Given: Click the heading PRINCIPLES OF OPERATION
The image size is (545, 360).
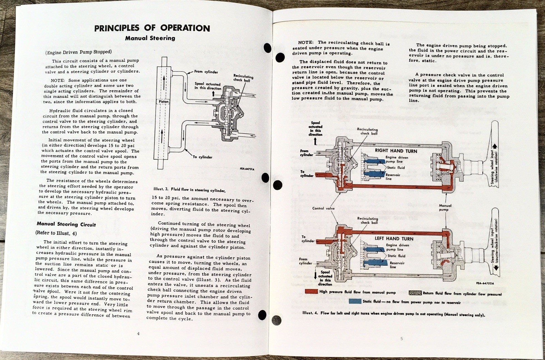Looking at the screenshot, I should point(152,28).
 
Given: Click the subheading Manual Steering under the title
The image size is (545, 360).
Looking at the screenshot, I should point(150,38).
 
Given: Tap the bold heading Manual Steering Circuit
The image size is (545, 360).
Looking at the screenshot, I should point(66,225).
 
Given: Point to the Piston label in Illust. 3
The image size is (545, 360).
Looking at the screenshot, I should point(163,102).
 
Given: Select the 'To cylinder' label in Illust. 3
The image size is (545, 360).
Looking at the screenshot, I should point(202,157).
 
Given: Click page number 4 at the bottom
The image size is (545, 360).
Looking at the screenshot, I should point(138,334).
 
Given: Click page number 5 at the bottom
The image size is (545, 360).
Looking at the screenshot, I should point(402,339).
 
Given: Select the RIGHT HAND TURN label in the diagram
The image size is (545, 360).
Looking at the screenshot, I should point(396,151).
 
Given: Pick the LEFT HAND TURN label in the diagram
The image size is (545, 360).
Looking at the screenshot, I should point(394,239).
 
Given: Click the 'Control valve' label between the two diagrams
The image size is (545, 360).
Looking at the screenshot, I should point(323,208).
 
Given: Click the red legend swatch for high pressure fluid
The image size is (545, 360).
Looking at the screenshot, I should point(311,292).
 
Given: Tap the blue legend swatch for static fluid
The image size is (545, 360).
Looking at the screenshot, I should point(355,302).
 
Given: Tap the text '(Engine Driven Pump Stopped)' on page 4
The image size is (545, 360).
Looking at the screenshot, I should point(78,52).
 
